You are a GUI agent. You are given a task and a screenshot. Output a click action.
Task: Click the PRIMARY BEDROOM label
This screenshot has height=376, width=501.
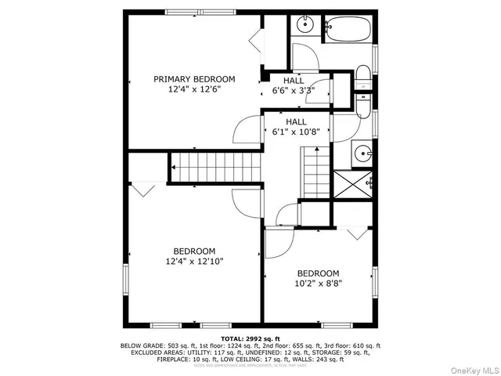[x=194, y=79]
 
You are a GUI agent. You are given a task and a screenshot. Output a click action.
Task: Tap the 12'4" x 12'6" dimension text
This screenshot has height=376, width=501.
[x=194, y=89]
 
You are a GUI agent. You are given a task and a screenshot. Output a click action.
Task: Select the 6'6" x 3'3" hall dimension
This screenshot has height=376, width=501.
[x=294, y=91]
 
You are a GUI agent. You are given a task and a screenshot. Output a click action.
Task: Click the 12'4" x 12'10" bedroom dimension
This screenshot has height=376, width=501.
[x=194, y=261]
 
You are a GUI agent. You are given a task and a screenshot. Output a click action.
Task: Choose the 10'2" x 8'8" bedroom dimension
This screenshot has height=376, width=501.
[x=318, y=283]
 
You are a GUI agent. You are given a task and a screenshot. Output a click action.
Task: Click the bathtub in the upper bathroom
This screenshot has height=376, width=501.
[x=349, y=31]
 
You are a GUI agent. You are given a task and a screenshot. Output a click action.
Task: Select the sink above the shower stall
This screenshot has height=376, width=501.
[x=362, y=153]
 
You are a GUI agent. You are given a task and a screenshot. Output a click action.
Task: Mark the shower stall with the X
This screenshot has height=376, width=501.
[x=350, y=184]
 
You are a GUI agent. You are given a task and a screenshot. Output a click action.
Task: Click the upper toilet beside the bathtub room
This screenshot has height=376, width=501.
[x=363, y=78]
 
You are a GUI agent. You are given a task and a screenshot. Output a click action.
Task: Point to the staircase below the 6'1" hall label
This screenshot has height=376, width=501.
[x=316, y=174]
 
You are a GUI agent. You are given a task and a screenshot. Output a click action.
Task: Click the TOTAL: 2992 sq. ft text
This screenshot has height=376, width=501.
[x=250, y=338]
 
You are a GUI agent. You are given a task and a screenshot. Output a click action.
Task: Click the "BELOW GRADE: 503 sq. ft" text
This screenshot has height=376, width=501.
[x=154, y=345]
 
